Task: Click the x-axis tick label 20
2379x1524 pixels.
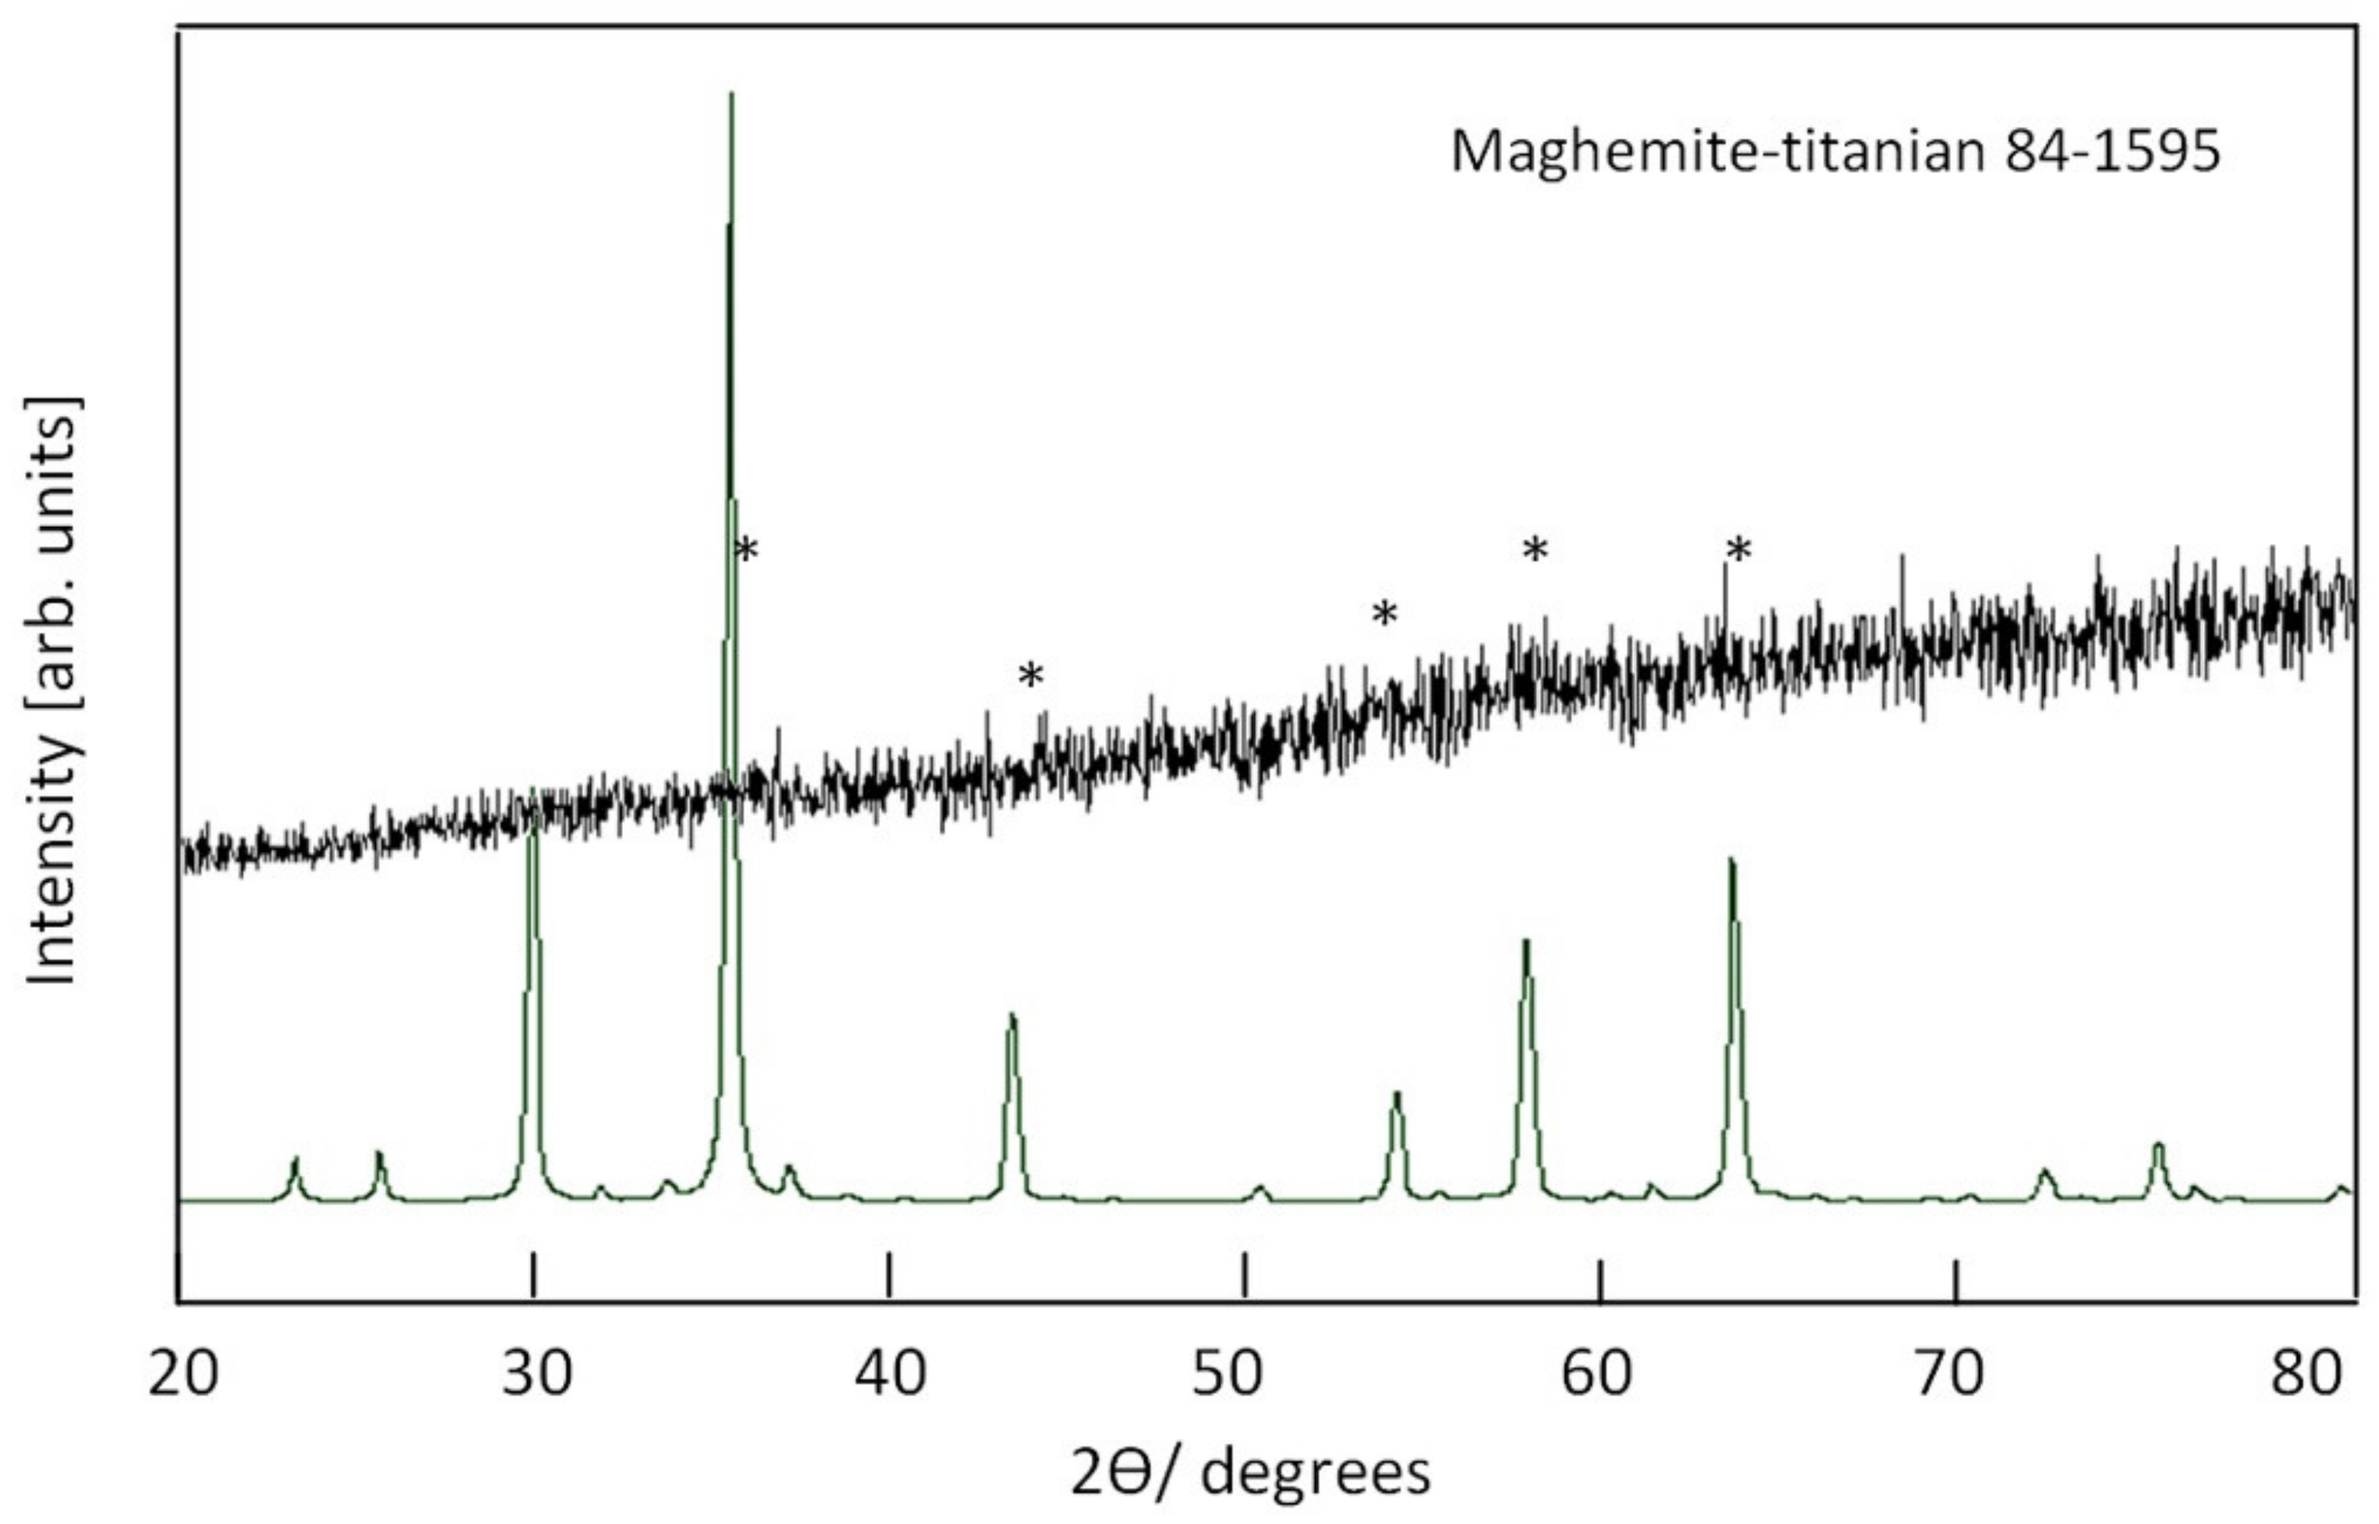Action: [x=182, y=1376]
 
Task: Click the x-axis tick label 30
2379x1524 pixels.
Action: [x=536, y=1376]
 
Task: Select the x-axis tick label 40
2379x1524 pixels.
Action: [x=891, y=1376]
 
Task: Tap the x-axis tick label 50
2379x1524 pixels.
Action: [x=1244, y=1376]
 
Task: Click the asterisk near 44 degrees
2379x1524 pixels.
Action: [x=1031, y=677]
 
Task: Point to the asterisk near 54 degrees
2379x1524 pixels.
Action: [x=1384, y=614]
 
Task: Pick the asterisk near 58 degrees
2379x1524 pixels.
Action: [x=1535, y=551]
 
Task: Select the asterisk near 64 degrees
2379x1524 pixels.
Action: [x=1739, y=551]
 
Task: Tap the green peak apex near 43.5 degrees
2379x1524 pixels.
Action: [x=1010, y=1015]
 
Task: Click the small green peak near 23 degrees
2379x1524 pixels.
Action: [x=294, y=1159]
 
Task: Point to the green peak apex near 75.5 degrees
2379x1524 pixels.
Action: [x=2158, y=1145]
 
